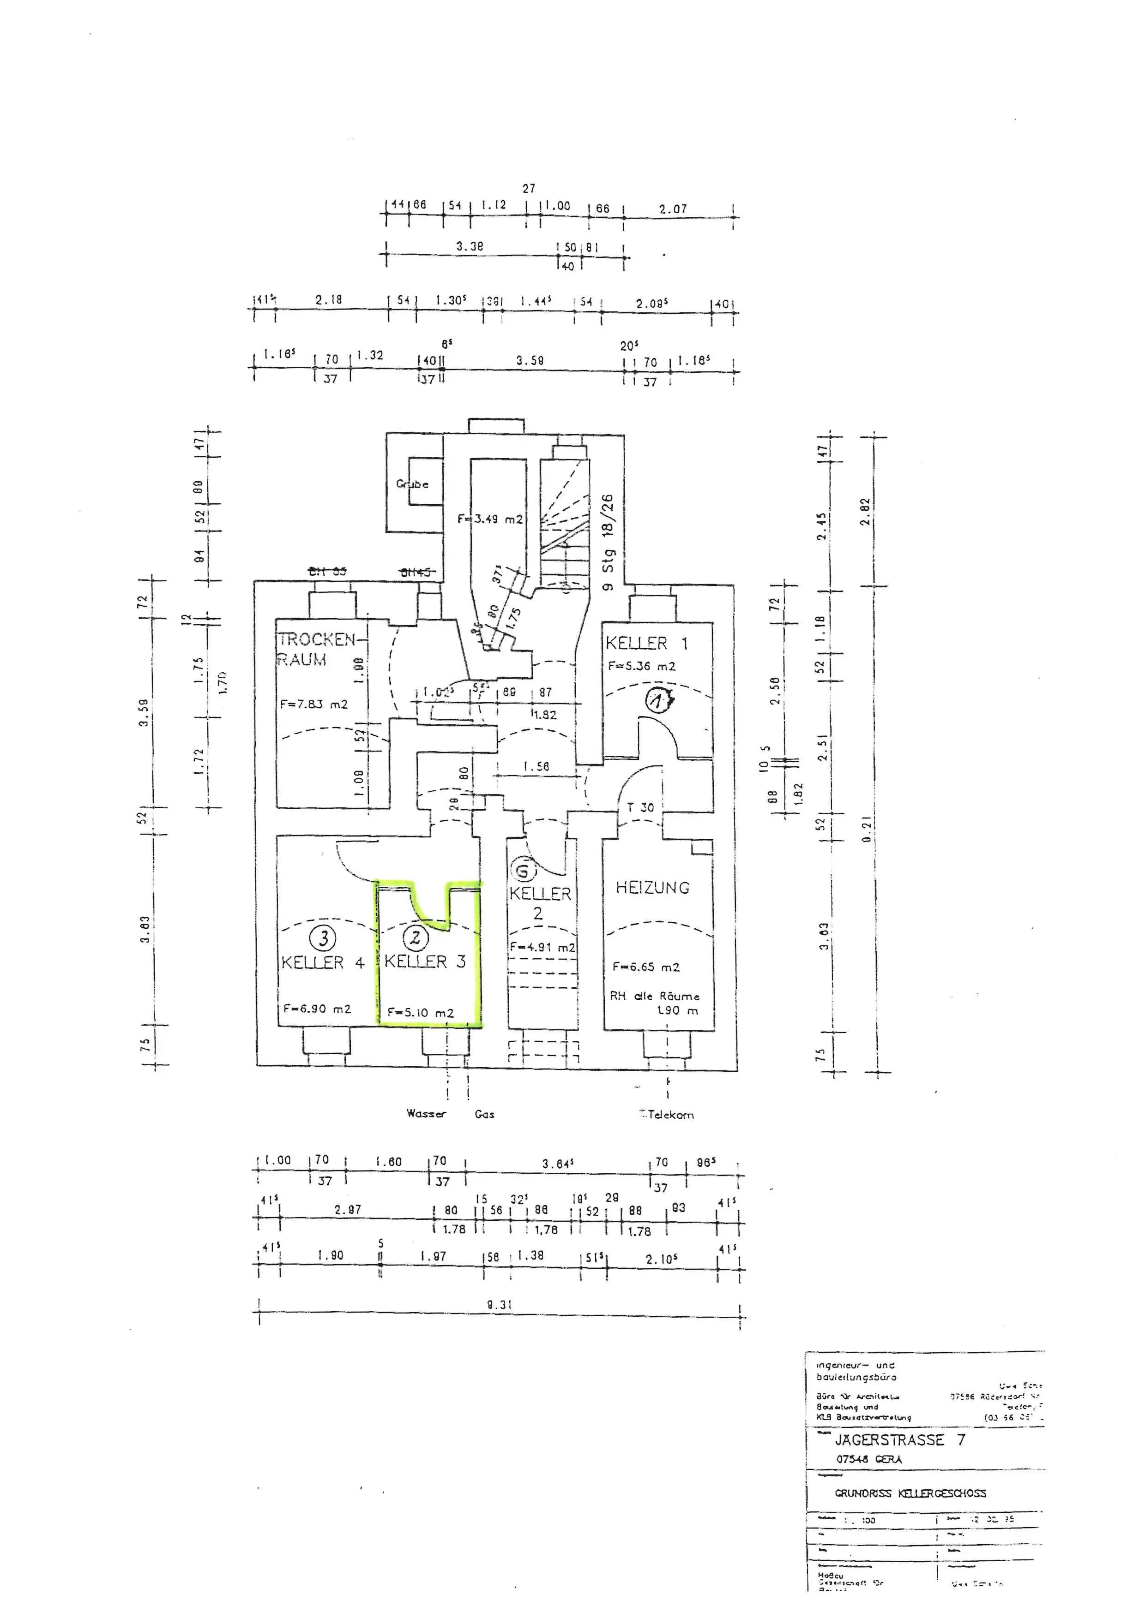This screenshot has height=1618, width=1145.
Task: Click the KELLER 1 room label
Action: (646, 643)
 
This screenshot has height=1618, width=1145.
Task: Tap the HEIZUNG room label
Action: (652, 888)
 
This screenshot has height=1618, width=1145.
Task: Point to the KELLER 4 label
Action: (322, 962)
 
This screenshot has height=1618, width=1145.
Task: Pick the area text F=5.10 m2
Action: (420, 1013)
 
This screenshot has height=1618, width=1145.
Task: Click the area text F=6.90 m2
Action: (317, 1009)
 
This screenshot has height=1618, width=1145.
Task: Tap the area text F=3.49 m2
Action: (490, 519)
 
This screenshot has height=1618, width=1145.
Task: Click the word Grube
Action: (412, 484)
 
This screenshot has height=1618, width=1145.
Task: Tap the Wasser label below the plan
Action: (426, 1113)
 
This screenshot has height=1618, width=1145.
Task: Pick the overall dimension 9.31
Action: (499, 1304)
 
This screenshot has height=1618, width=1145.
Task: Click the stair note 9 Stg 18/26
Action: (608, 542)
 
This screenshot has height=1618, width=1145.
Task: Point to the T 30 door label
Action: (640, 807)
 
